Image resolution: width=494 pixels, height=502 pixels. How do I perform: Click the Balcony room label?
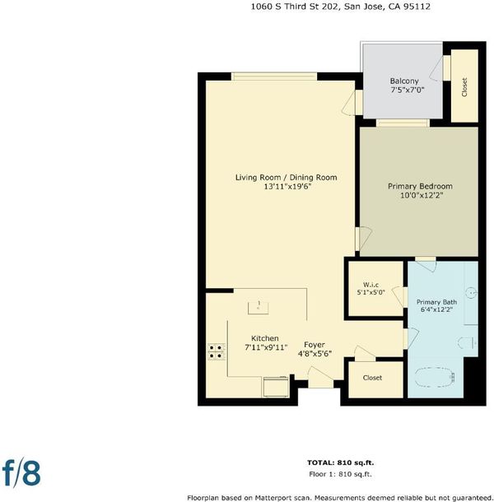(x=404, y=81)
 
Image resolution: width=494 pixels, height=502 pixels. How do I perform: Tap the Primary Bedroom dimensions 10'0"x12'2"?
(x=422, y=195)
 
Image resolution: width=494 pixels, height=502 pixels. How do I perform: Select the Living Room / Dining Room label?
(x=286, y=178)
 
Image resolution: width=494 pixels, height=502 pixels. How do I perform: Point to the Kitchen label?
(x=264, y=338)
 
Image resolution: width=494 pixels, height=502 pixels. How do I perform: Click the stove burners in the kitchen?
(x=217, y=351)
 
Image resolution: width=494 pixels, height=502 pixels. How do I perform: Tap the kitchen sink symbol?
(x=259, y=308)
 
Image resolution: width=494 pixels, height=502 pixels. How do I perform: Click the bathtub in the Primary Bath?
(x=435, y=378)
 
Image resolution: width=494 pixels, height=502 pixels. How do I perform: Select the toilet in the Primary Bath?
(x=468, y=343)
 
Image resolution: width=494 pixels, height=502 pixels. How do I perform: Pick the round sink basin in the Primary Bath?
(x=471, y=292)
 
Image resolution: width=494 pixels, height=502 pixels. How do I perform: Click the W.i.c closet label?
(x=370, y=285)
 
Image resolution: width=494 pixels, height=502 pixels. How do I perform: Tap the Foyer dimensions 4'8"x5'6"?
(x=315, y=354)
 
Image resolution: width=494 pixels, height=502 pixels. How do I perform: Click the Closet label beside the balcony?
(x=464, y=87)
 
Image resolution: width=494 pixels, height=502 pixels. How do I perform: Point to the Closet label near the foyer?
(x=372, y=378)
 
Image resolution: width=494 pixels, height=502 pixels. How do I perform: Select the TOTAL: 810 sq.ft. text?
(x=340, y=462)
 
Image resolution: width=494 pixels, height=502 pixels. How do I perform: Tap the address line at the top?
(x=340, y=7)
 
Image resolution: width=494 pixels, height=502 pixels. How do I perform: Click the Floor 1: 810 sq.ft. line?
(x=340, y=474)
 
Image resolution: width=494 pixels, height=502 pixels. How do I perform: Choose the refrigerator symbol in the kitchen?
(x=276, y=387)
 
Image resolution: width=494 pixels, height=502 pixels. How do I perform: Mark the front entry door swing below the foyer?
(x=320, y=377)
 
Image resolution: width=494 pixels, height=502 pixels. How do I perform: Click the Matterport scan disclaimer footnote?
(x=340, y=498)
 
